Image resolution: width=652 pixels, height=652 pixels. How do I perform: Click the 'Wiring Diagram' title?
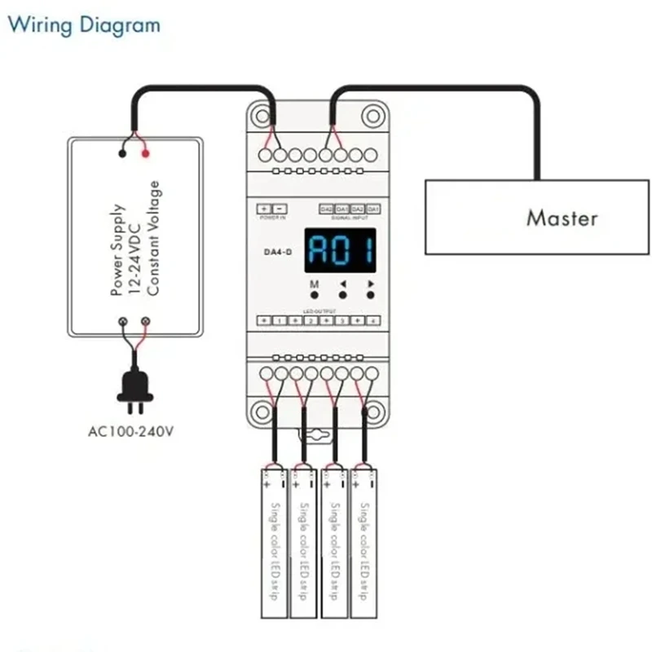(x=84, y=24)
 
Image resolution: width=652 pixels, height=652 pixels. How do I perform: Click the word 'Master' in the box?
(x=562, y=218)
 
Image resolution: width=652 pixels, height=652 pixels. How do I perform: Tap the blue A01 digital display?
(x=341, y=250)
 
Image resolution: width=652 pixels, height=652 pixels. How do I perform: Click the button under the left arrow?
(x=342, y=296)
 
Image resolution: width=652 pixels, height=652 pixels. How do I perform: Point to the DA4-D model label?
(x=272, y=253)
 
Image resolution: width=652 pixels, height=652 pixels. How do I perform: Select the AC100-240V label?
(x=130, y=430)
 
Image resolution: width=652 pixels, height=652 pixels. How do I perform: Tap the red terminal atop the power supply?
(x=146, y=152)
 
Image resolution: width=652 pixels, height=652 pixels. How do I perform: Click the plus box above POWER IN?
(x=263, y=209)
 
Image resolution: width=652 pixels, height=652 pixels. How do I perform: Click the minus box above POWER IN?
(x=279, y=209)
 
